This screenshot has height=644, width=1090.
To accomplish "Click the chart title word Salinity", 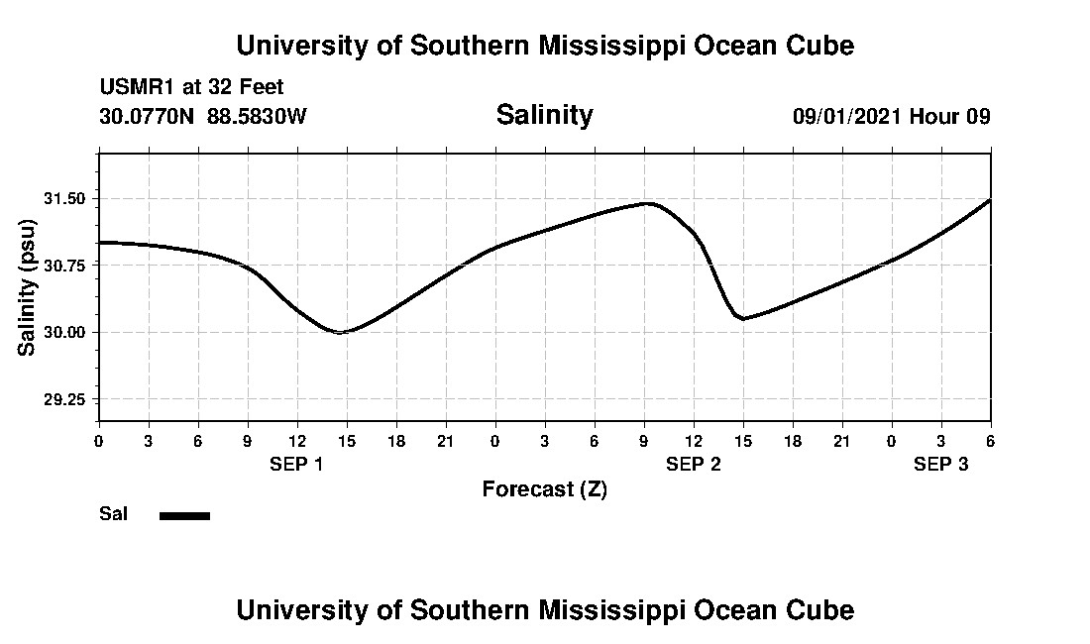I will click(x=544, y=115).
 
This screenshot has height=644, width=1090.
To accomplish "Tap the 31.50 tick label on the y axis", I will click(x=64, y=199).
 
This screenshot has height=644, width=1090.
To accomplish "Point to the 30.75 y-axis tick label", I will click(x=64, y=266).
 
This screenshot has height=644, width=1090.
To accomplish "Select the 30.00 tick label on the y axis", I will click(x=64, y=332).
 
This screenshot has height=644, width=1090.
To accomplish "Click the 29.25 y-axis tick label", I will click(x=64, y=399).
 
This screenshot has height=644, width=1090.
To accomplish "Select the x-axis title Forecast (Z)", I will click(x=544, y=488).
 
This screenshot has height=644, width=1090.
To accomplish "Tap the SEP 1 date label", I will click(x=296, y=464).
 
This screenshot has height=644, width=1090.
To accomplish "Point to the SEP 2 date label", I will click(x=693, y=464).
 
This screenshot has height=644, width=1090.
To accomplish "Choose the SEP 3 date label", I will click(x=940, y=464).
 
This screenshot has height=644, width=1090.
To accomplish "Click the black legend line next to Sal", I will click(x=184, y=515).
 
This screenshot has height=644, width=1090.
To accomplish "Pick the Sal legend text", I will click(x=113, y=514).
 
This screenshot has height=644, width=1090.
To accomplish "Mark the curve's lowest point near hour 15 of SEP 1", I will click(x=340, y=332).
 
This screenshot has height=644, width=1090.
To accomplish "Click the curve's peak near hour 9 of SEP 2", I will click(x=646, y=203).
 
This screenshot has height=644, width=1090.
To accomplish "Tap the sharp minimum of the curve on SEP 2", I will click(x=742, y=318).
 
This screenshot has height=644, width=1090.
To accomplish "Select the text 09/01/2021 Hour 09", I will click(x=891, y=117).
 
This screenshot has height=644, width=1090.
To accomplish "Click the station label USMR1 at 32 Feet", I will click(x=191, y=88).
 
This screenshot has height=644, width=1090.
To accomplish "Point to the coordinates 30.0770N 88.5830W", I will click(x=203, y=117).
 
